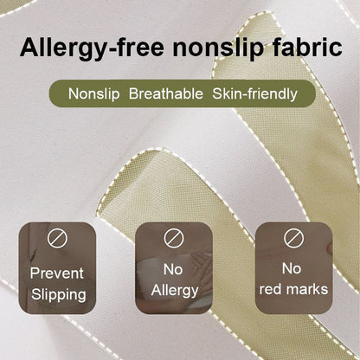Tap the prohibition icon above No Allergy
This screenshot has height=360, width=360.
pyautogui.click(x=175, y=236)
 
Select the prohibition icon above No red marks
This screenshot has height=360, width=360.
pyautogui.click(x=292, y=236)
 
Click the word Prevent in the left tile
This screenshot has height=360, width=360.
pyautogui.click(x=58, y=273)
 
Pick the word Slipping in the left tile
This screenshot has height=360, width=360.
pyautogui.click(x=58, y=294)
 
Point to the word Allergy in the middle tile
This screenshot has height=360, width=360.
pyautogui.click(x=175, y=290)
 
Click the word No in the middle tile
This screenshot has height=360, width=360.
pyautogui.click(x=175, y=269)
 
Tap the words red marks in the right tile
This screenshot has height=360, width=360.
pyautogui.click(x=292, y=289)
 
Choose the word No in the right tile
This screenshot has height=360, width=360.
pyautogui.click(x=292, y=268)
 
